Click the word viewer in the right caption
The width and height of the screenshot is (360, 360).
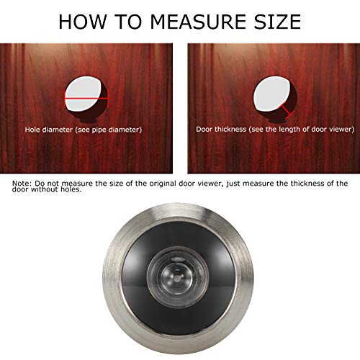(341, 130)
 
